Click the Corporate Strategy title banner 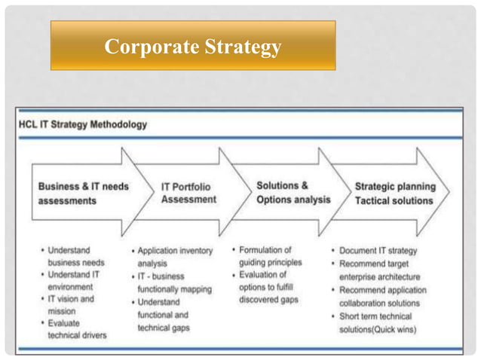tap(192, 46)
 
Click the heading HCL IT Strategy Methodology tap(83, 124)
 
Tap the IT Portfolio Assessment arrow tap(188, 193)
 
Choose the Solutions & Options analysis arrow tap(293, 192)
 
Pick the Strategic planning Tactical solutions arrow tap(394, 193)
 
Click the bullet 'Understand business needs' tap(76, 256)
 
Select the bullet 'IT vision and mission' tap(71, 304)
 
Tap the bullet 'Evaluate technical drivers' tap(76, 328)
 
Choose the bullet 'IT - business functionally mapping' tap(173, 282)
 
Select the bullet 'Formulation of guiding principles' tap(270, 256)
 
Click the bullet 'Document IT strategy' tap(388, 250)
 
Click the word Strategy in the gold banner tap(240, 47)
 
